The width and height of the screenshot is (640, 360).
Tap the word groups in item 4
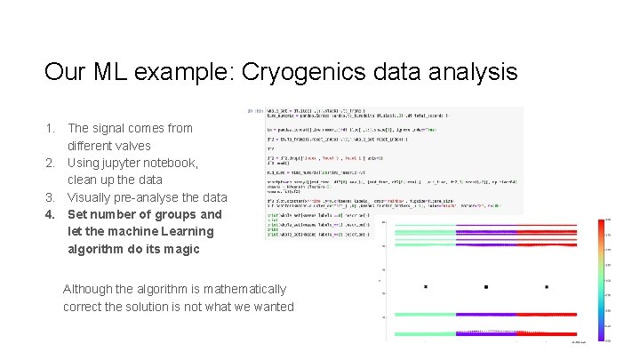(172, 214)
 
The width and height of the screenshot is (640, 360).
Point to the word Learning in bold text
(183, 232)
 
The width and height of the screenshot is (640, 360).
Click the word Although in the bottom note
(89, 289)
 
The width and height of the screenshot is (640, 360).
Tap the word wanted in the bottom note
(271, 307)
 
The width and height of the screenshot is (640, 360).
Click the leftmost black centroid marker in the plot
(426, 287)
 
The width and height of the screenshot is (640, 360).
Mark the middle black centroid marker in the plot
(486, 287)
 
